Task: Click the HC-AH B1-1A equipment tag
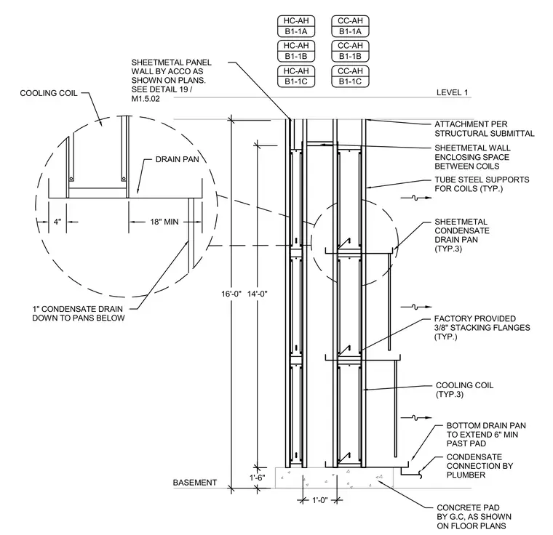pos(296,26)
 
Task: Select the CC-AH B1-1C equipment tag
pos(350,76)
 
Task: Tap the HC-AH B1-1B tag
pos(296,51)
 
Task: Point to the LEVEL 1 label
pos(452,92)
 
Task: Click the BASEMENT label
pos(195,483)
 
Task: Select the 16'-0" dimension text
pos(231,294)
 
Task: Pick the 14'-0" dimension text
pos(258,294)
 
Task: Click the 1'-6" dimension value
pos(258,478)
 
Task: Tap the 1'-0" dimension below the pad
pos(320,500)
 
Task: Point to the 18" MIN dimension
pos(164,222)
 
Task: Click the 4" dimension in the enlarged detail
pos(57,222)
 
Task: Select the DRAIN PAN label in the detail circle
pos(178,159)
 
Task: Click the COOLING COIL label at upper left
pos(49,93)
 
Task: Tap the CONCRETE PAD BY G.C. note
pos(474,517)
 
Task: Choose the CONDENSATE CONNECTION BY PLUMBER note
pos(480,466)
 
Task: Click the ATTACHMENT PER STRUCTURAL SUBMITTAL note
pos(484,129)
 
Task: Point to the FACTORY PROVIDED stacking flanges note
pos(482,327)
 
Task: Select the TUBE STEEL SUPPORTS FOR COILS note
pos(482,184)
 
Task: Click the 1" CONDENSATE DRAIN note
pos(79,313)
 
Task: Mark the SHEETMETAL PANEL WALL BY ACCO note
pos(172,81)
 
